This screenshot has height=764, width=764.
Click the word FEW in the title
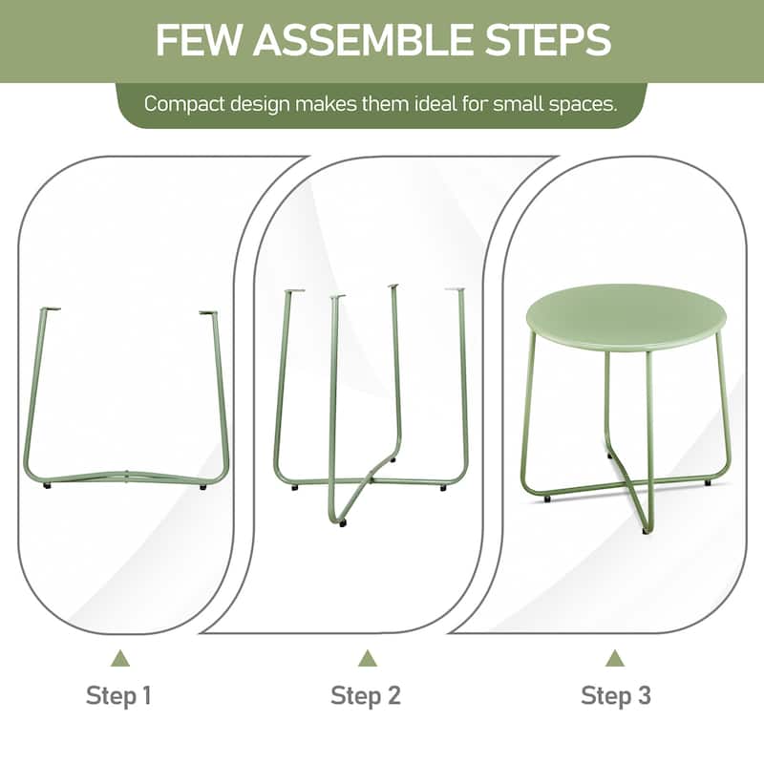coord(198,39)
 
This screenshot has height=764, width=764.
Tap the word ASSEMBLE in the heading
coord(363,39)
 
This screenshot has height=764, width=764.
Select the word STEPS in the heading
coord(547,39)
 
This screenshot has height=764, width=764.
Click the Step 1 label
coord(118,695)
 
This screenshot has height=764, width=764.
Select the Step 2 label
coord(366,695)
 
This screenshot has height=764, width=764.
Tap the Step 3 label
coord(615,695)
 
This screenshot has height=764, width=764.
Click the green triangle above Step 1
coord(120,658)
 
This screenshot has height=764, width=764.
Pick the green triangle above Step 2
coord(368,658)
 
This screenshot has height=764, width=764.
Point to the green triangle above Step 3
coord(615,658)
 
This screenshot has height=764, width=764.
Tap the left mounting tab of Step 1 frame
coord(51,308)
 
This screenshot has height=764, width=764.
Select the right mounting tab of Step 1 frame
coord(207,313)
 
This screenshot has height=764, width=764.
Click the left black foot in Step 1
coord(47,486)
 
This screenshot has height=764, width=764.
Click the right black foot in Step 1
coord(203,487)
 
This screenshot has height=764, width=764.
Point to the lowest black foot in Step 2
coord(343,522)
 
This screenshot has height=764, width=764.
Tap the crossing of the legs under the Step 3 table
coord(628,484)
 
